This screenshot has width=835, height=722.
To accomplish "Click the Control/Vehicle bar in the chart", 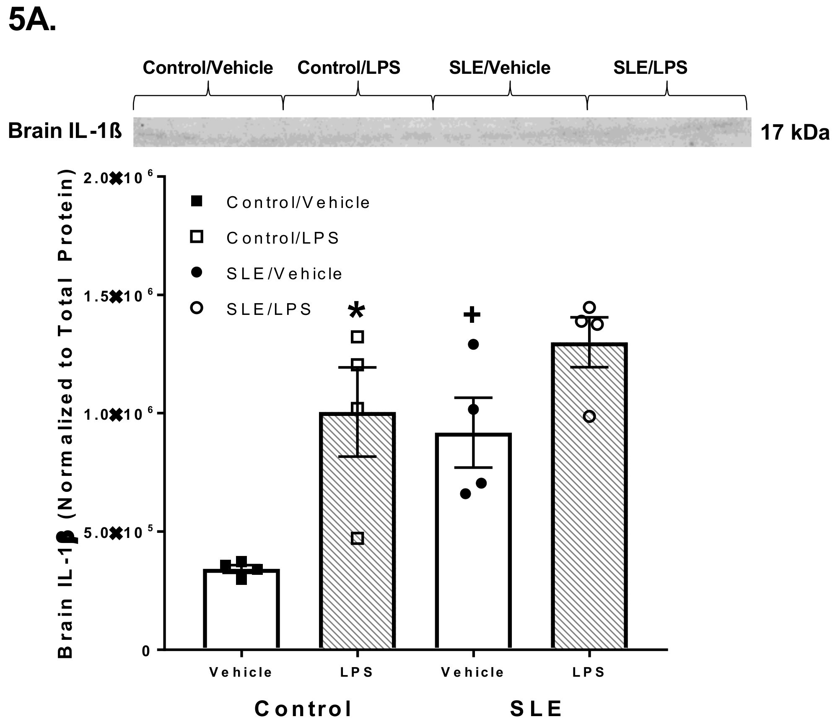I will coord(241,612).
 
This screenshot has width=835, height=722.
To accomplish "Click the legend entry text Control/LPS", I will coord(283,238).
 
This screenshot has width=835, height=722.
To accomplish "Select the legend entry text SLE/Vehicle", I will coord(284,274).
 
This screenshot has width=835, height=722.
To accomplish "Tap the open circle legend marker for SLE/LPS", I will coord(196,308).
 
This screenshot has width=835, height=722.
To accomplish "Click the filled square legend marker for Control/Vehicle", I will coord(196,202).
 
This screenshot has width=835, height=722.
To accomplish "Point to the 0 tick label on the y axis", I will coord(146,651).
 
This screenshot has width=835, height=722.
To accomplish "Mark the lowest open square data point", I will coord(357,538).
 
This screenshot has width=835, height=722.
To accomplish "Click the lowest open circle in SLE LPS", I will coord(589,416).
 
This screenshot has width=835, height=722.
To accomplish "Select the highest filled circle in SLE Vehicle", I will coord(473,345).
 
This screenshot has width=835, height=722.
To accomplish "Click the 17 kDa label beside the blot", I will coord(795,132).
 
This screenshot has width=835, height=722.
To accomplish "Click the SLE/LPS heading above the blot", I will coord(650,68).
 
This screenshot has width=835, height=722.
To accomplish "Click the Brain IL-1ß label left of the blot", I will coord(65,131).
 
